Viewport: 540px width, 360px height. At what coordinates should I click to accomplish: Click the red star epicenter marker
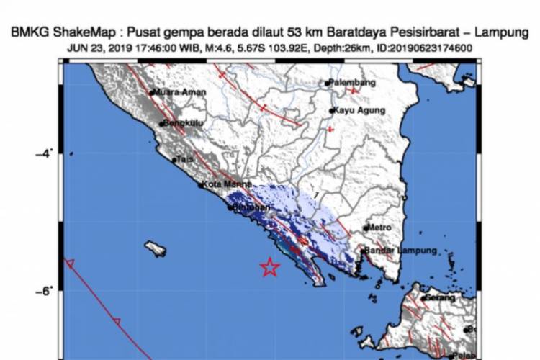coord(270,267)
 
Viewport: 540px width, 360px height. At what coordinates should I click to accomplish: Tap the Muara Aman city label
coord(179,93)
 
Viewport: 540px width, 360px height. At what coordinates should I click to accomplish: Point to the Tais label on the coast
coord(186,160)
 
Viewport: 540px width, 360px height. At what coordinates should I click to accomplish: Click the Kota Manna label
coord(221,185)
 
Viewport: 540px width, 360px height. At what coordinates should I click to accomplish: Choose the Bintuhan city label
coord(247,207)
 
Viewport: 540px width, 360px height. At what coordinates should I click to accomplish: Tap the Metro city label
coord(380,228)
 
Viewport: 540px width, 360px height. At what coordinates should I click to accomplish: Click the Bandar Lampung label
coord(400,251)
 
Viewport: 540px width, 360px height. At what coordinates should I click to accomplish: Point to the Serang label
coord(439,297)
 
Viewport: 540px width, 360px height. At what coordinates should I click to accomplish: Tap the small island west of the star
coord(155,249)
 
